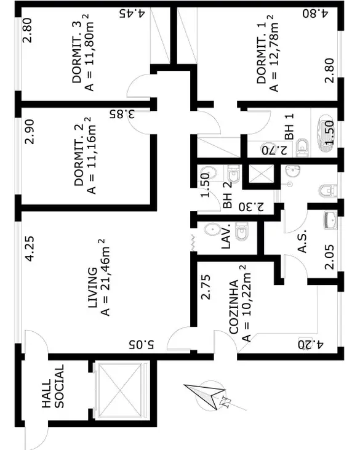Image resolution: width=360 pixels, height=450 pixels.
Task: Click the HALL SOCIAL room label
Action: point(53,387)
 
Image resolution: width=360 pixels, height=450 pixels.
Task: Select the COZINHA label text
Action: point(234,307)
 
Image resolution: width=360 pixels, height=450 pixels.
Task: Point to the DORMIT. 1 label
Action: point(262,53)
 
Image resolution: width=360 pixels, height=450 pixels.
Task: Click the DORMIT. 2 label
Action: point(79,155)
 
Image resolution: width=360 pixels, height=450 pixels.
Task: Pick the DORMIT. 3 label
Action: point(76,52)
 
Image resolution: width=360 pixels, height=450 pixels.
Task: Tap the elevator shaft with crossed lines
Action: point(119,391)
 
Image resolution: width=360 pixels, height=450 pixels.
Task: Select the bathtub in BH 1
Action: point(326,132)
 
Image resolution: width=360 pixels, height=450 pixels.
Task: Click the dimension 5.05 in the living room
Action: point(142,344)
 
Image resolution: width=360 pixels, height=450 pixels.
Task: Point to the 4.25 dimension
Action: point(30,249)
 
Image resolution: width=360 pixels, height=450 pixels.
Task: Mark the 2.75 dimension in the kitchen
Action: point(206,287)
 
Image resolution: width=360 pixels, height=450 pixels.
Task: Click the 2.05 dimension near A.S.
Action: point(329,257)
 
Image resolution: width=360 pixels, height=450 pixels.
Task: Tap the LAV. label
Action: point(226,236)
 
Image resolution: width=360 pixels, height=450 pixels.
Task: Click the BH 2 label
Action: point(227,195)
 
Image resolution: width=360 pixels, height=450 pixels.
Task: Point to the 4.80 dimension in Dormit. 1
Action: point(315,14)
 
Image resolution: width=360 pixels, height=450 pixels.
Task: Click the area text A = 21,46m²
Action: point(105,278)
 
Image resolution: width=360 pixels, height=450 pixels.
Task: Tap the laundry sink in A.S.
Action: point(330,220)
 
